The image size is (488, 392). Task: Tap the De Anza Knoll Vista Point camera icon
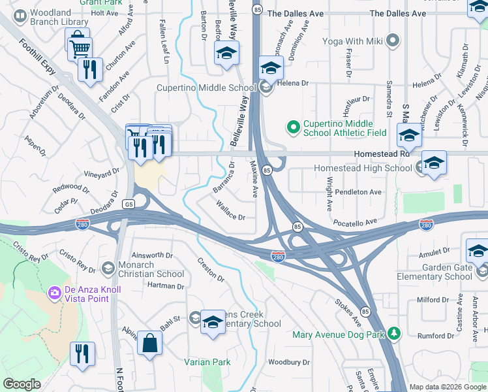coord(54,291)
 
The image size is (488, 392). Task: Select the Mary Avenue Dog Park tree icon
coord(393,335)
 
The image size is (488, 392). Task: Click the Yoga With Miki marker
coord(392,42)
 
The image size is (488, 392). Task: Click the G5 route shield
coord(129,204)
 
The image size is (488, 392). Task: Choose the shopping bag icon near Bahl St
coord(150,343)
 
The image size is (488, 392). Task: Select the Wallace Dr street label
coord(230,212)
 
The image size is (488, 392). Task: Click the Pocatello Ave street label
coord(356,223)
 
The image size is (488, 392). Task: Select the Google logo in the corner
coord(22,384)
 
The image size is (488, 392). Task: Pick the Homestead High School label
coord(362,168)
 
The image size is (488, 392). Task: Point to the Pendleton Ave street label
coord(358,192)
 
